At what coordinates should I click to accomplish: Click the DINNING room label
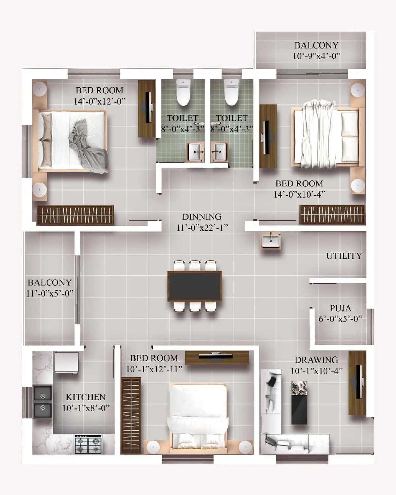(x=202, y=217)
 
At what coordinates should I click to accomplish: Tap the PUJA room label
(x=340, y=308)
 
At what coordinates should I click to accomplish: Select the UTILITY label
(x=344, y=256)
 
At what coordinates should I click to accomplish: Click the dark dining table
(x=194, y=286)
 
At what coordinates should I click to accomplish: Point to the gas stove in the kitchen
(x=88, y=444)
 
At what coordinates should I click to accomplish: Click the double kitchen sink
(x=43, y=402)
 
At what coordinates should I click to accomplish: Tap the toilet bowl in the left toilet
(x=183, y=92)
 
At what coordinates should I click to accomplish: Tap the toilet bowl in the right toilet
(x=231, y=92)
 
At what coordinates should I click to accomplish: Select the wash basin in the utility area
(x=271, y=240)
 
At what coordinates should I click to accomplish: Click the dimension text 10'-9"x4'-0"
(x=316, y=56)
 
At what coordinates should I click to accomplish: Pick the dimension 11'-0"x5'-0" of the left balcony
(x=49, y=293)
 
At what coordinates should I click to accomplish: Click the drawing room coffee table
(x=299, y=403)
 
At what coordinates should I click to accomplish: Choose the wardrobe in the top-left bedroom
(x=75, y=215)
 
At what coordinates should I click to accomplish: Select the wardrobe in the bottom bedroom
(x=131, y=415)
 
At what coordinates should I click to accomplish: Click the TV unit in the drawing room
(x=357, y=383)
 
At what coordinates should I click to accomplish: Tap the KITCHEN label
(x=85, y=397)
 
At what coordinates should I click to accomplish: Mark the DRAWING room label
(x=316, y=360)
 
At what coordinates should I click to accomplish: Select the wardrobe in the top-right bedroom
(x=332, y=214)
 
